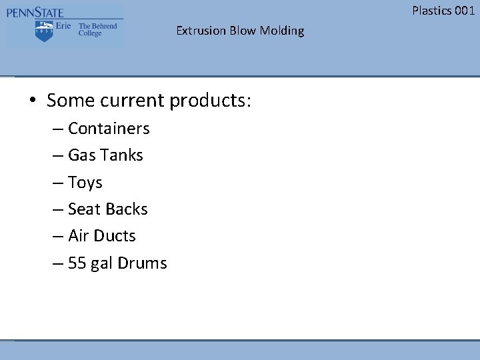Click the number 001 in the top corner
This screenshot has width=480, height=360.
point(464,10)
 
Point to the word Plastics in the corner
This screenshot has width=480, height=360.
point(431,10)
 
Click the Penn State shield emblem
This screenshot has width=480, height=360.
point(45,31)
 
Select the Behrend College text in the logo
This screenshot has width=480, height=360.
point(97,30)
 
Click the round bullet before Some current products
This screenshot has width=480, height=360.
point(32,101)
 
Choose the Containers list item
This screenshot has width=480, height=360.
point(109,128)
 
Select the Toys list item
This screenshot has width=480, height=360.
point(85,182)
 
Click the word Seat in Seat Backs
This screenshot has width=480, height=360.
point(84,209)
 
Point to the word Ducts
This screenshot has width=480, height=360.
point(115,236)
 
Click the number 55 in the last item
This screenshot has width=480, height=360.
point(77,263)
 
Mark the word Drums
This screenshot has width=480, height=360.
point(142,263)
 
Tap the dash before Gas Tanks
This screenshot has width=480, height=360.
point(58,155)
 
